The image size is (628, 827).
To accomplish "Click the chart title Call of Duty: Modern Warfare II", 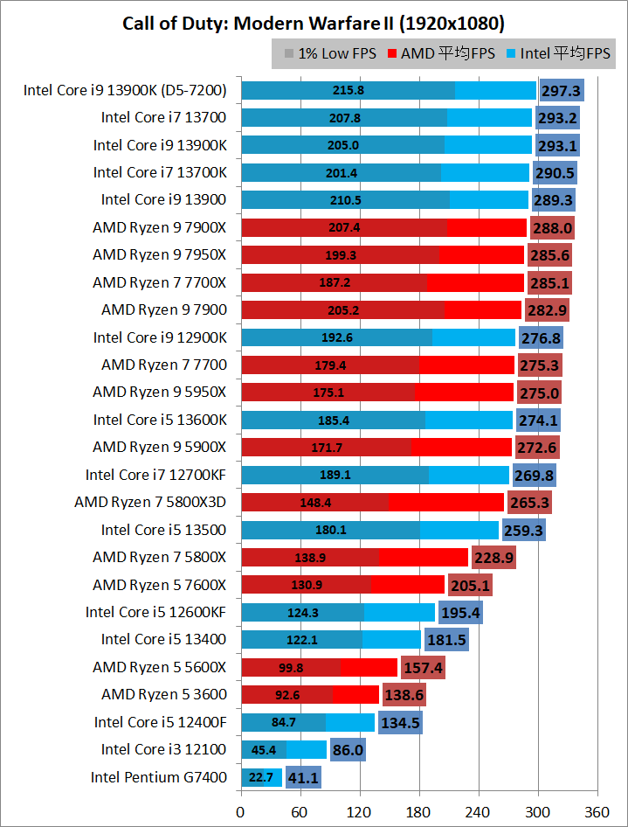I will click(314, 23).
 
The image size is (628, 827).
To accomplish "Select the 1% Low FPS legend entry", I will click(330, 54).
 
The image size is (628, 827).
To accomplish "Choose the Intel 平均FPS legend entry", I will click(558, 54).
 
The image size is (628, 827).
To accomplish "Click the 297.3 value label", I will click(561, 90).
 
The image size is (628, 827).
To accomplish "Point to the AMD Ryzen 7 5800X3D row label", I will click(150, 502).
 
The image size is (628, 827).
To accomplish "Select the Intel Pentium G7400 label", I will click(158, 776).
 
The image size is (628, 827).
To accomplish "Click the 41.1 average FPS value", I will click(303, 776).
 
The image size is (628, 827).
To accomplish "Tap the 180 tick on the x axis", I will click(418, 811).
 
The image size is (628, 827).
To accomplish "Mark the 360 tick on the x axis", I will click(597, 811).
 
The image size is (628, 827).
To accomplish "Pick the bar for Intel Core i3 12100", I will click(283, 749).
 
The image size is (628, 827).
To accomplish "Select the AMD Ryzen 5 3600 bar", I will click(309, 694).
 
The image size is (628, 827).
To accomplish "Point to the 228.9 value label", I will click(493, 557).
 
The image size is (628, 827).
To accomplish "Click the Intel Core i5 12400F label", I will click(160, 721).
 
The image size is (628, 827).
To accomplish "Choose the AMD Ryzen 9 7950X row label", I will click(159, 254).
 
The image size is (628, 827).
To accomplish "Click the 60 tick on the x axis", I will click(300, 811).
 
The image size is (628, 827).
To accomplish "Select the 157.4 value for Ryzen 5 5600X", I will click(423, 667).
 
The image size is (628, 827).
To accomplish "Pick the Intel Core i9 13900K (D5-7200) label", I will click(125, 90).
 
